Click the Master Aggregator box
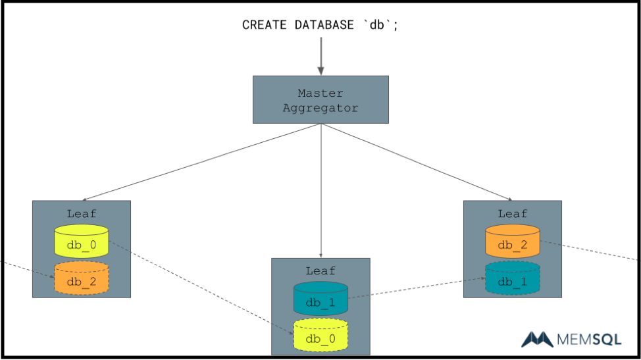[x=320, y=99]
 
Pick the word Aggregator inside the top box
[x=320, y=107]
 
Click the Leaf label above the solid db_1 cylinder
[x=320, y=270]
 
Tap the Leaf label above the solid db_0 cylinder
[x=82, y=213]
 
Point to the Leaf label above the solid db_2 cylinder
[x=513, y=213]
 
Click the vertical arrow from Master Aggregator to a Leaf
[x=320, y=191]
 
